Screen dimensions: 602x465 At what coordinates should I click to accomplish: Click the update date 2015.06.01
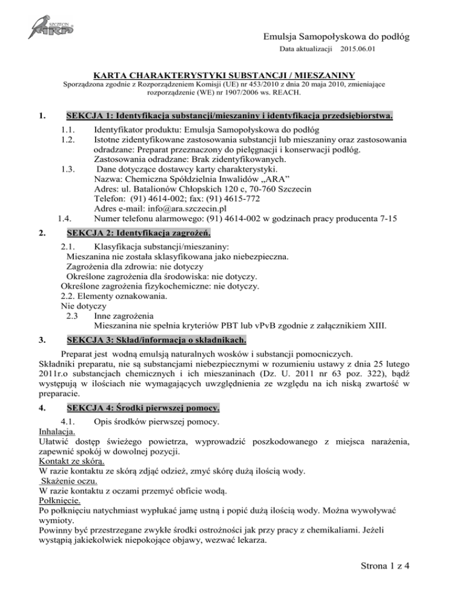358,48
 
